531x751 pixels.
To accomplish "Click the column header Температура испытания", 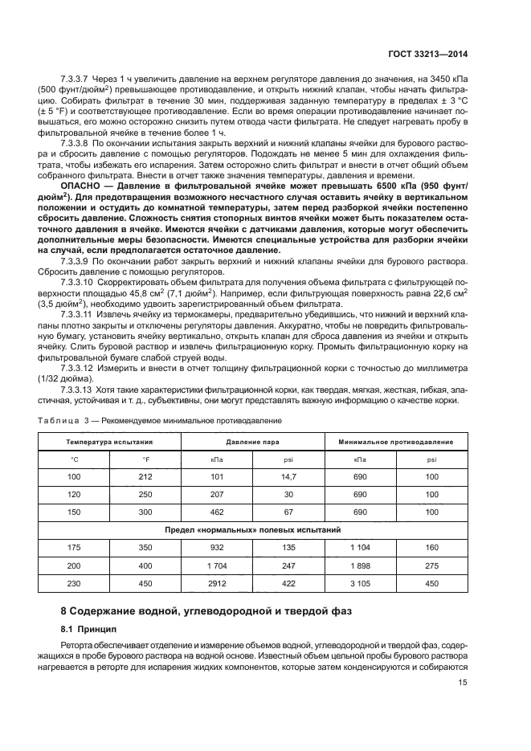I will tap(109, 442).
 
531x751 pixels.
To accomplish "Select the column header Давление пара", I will tap(252, 442).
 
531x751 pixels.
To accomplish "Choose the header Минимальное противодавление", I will tap(396, 442).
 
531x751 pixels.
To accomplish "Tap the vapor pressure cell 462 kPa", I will tap(216, 512).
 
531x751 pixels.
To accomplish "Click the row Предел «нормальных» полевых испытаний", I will tap(253, 530).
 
